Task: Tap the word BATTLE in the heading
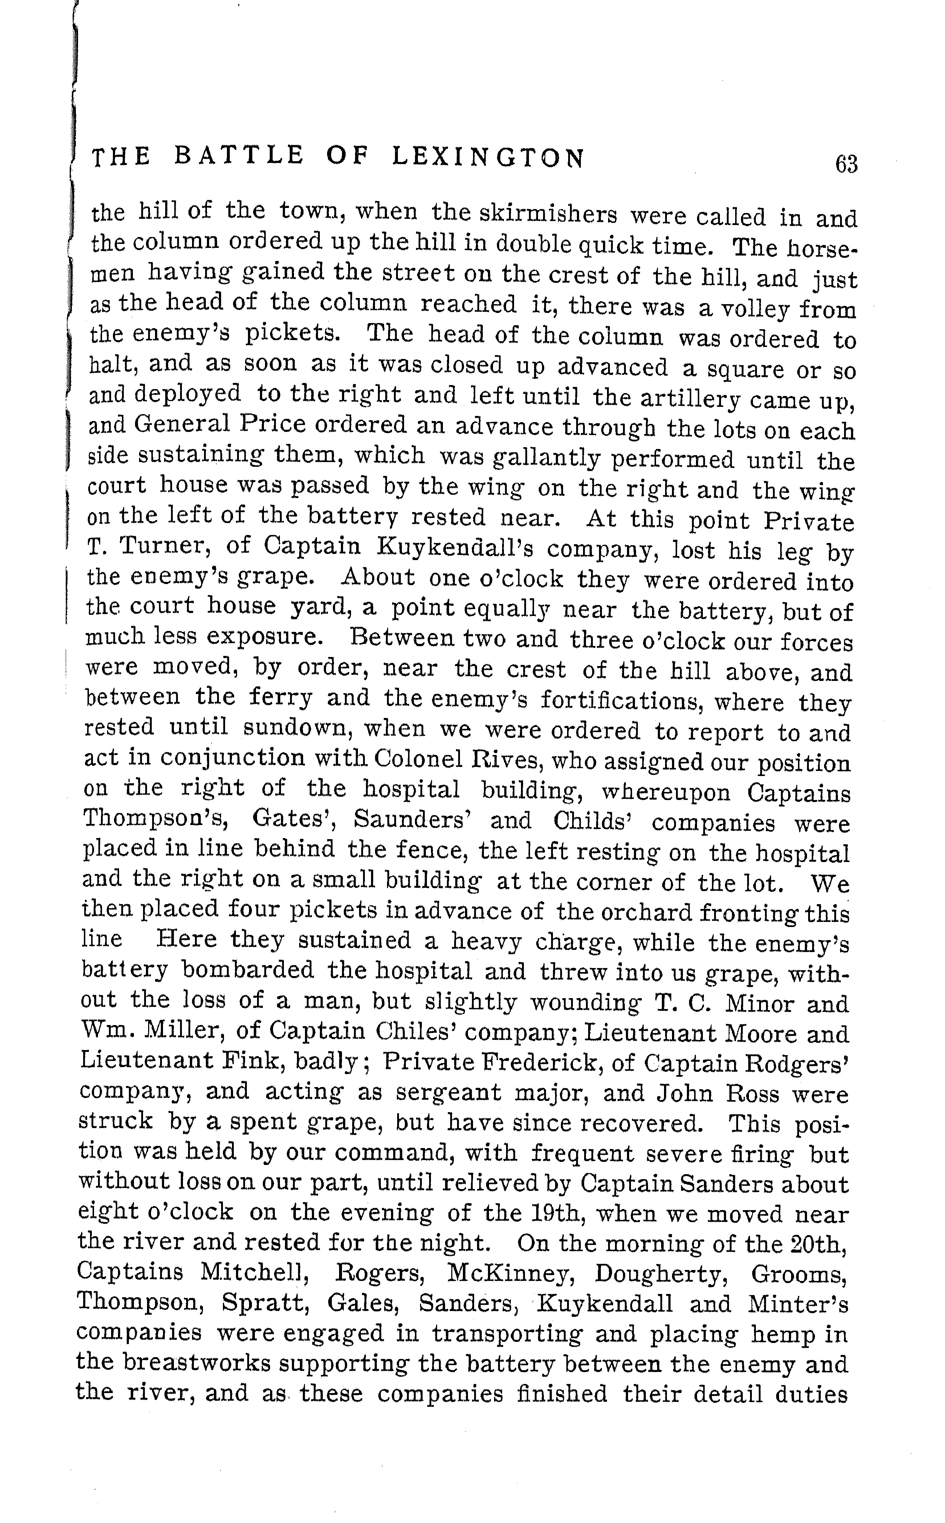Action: [x=239, y=156]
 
